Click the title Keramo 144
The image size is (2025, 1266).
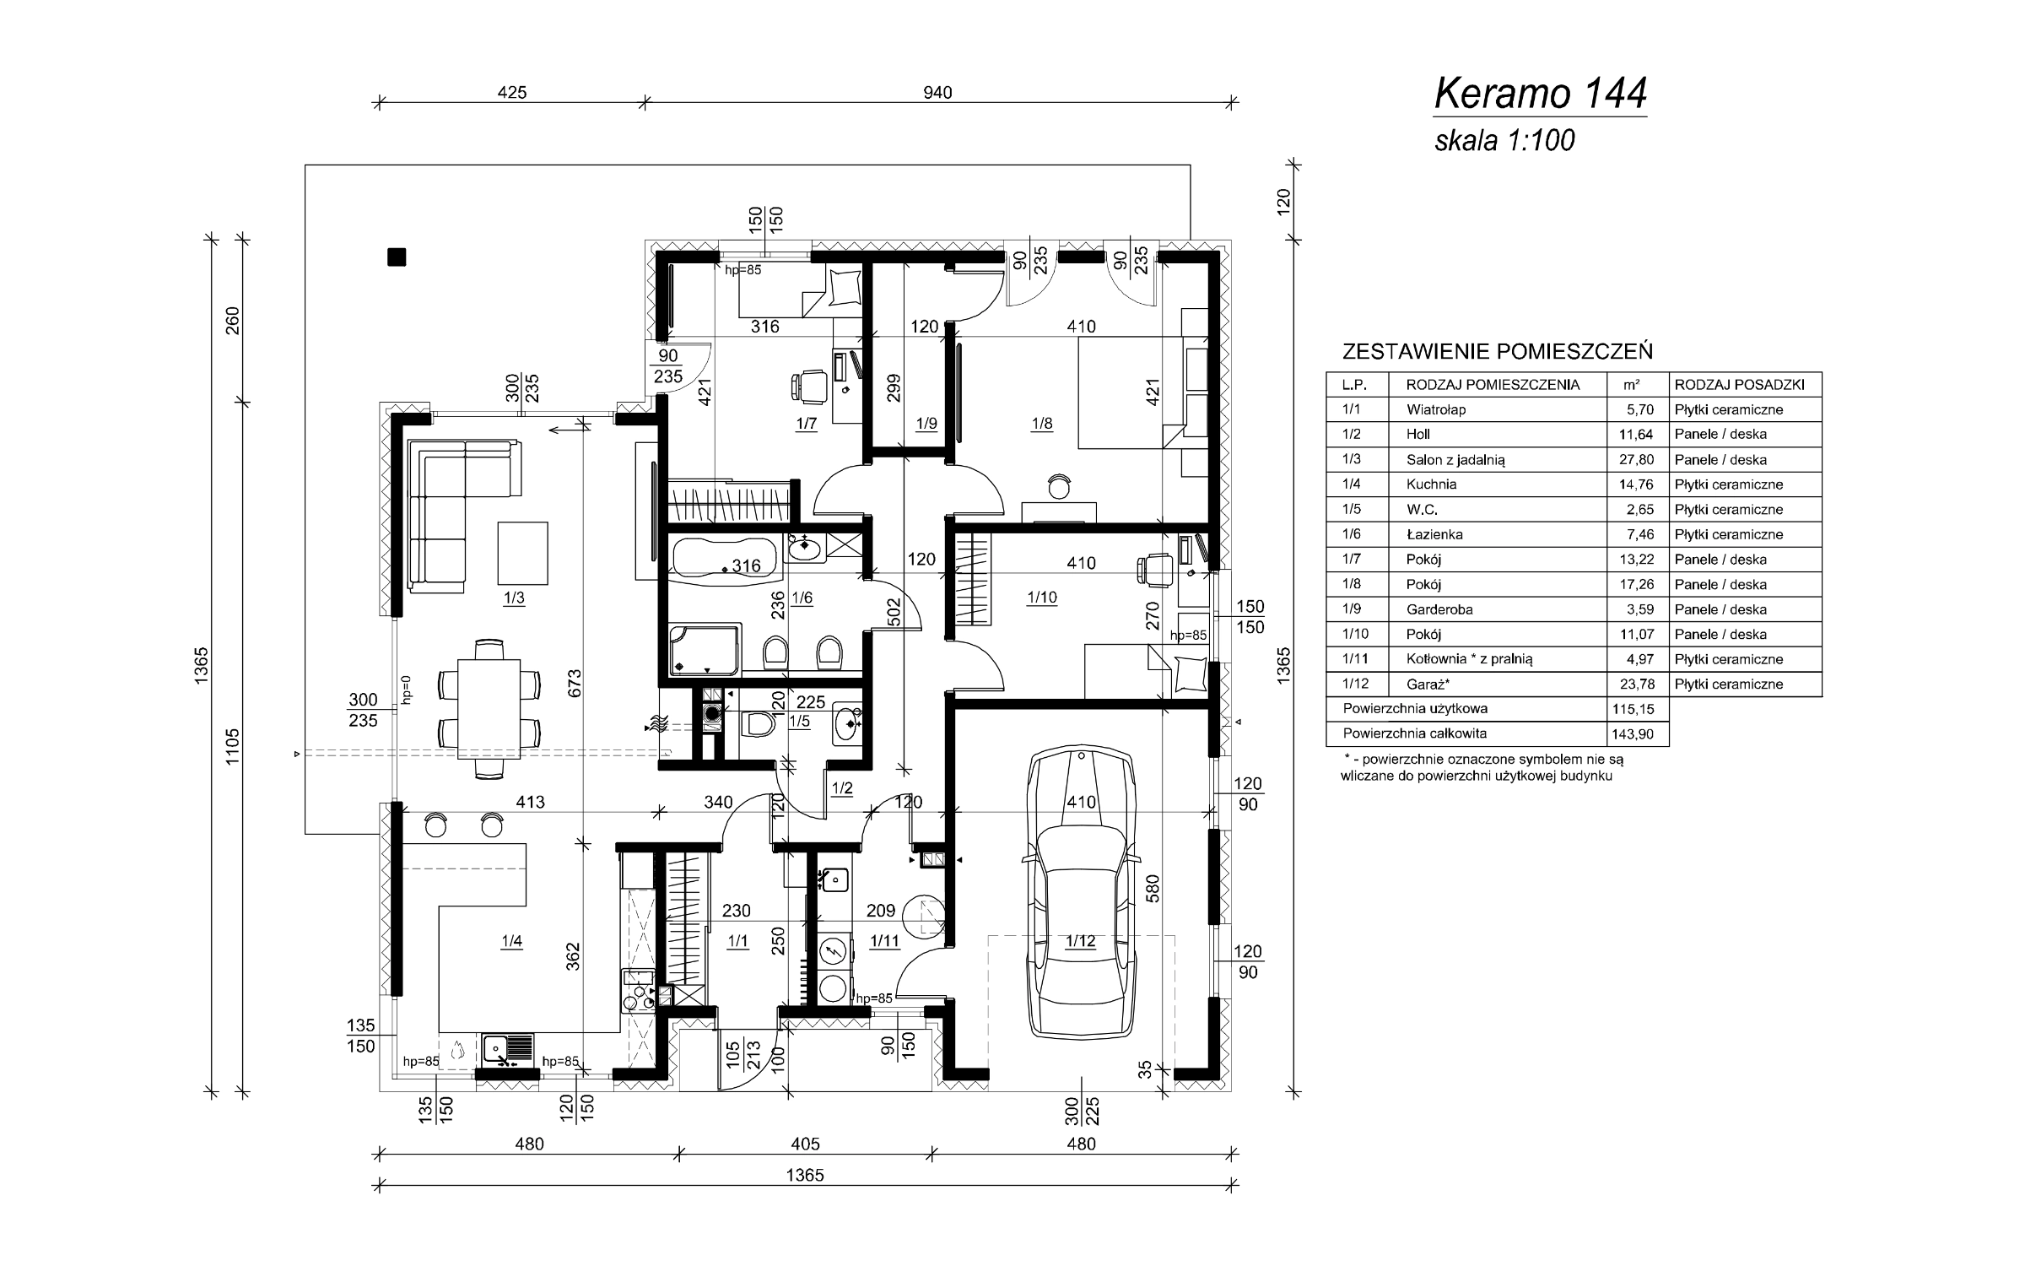pyautogui.click(x=1541, y=94)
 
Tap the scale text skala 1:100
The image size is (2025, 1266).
pyautogui.click(x=1504, y=140)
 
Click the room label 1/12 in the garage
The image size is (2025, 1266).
pyautogui.click(x=1081, y=941)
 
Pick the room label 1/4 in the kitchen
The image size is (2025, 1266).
pyautogui.click(x=511, y=942)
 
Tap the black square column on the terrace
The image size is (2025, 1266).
pyautogui.click(x=397, y=257)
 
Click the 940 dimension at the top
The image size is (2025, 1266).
pyautogui.click(x=937, y=92)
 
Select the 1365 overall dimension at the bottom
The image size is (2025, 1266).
pyautogui.click(x=804, y=1175)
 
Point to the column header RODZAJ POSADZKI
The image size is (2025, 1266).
pyautogui.click(x=1740, y=385)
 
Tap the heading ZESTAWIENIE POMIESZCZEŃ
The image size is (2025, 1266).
pyautogui.click(x=1498, y=351)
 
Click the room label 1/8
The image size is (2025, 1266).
pyautogui.click(x=1042, y=424)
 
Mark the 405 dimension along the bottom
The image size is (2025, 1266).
pyautogui.click(x=806, y=1144)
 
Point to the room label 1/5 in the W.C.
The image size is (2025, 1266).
pyautogui.click(x=799, y=722)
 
